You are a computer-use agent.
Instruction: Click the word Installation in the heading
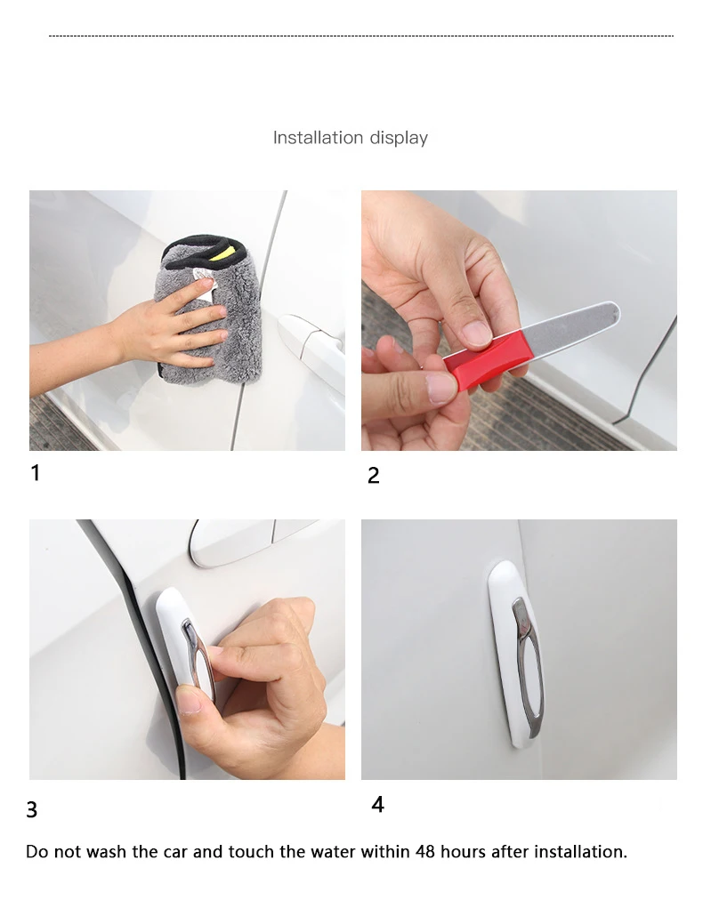pos(319,138)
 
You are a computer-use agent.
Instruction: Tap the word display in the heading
pos(399,139)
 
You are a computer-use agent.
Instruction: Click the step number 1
pos(35,473)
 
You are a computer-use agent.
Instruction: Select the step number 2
pos(374,475)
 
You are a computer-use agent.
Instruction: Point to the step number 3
pos(31,810)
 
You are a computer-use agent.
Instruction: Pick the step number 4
pos(377,804)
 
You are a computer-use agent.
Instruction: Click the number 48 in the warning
pos(425,851)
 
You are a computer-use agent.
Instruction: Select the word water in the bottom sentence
pos(333,851)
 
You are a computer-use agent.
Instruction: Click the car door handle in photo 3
pos(247,542)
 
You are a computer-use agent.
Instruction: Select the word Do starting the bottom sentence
pos(37,851)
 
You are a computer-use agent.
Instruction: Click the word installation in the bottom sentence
pos(581,851)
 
